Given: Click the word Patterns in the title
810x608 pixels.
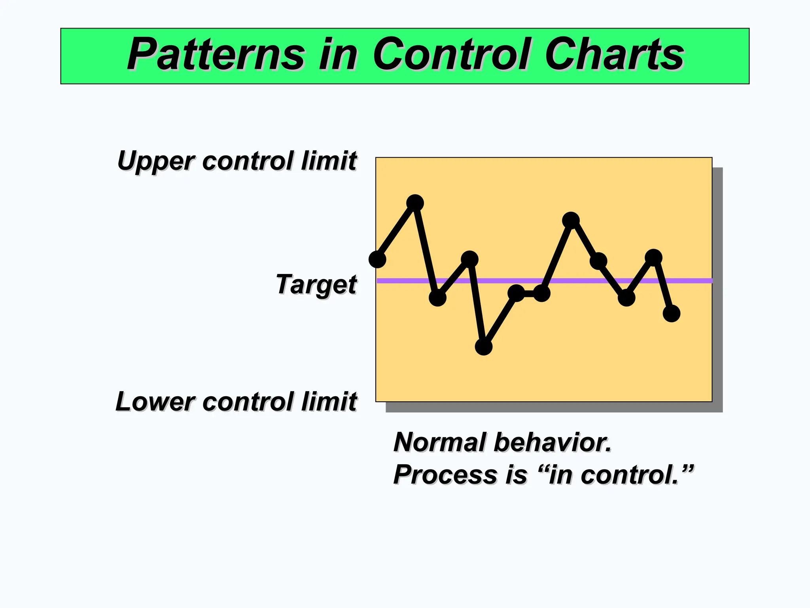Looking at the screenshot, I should point(216,55).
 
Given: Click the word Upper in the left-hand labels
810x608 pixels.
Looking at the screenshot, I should point(156,161).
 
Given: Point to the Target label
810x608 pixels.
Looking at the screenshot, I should point(316,285).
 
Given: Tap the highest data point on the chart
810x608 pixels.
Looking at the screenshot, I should point(415,203).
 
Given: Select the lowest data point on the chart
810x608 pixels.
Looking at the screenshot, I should point(483,347).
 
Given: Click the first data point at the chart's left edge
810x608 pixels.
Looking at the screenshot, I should point(377,259).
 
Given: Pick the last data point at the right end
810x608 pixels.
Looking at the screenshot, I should point(671,313).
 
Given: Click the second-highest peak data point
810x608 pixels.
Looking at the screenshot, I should point(571,220).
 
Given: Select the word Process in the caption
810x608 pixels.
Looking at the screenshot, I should point(445,475).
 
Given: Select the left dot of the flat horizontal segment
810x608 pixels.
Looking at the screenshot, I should point(516,293).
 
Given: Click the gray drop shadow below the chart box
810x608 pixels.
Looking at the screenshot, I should point(554,407).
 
